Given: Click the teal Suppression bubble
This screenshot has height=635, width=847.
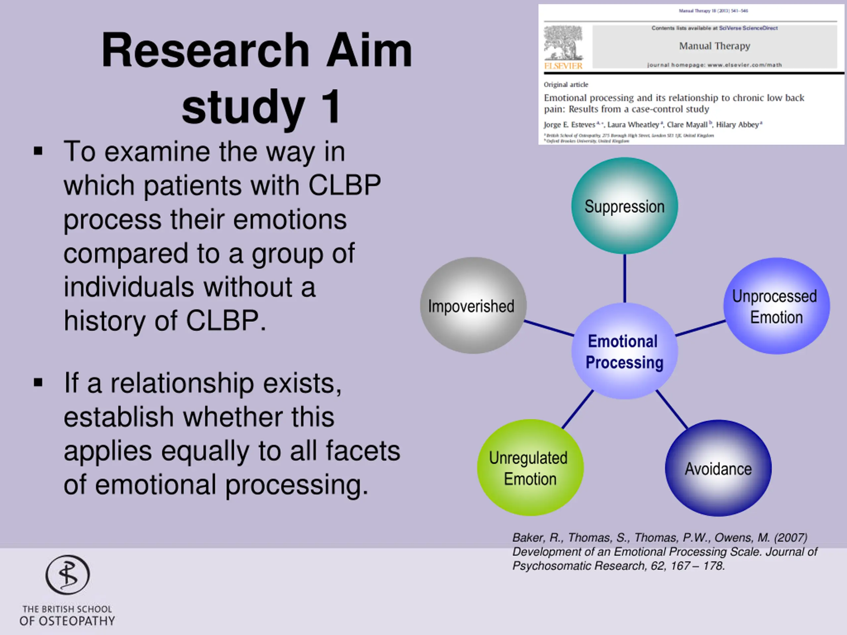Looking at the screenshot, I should coord(625,206).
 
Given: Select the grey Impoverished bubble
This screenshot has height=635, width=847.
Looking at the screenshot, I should coord(473,306).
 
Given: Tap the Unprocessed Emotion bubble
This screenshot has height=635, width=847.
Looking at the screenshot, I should coord(776,306).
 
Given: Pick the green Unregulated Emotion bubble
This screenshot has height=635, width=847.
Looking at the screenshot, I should coord(530,467).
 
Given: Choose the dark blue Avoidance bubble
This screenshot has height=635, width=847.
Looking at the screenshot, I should coord(718,468).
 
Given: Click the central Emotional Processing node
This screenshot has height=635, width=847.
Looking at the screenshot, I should coord(625,351).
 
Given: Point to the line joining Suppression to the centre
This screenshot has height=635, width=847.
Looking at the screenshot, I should coord(625,278).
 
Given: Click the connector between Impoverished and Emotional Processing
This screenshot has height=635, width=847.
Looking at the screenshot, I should coord(549,328).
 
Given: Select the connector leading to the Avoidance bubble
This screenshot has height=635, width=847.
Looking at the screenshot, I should coord(672,409).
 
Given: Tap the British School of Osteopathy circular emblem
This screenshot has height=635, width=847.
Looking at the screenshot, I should coord(68,574).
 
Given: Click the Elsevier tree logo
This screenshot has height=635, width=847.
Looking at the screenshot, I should coord(563,43).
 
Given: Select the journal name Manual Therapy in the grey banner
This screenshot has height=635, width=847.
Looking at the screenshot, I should coord(715,46).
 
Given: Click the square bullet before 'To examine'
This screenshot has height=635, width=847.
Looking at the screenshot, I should coord(38,151).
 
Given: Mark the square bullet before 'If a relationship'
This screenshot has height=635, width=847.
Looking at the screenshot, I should coord(38,382).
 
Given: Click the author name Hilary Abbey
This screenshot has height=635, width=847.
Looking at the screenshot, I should coord(737,124).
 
